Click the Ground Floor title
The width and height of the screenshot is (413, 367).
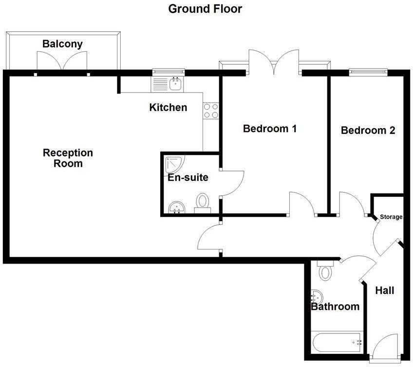point(205,9)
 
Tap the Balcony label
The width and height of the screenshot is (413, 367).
point(62,44)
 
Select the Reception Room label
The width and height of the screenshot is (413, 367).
point(68,158)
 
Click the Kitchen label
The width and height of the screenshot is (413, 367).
point(168,107)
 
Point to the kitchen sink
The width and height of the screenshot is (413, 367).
point(175,84)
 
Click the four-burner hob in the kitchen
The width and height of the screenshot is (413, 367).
point(211,111)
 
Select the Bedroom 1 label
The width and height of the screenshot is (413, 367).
point(270,129)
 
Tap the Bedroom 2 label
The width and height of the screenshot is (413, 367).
point(368,130)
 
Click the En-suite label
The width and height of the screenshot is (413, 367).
point(188,177)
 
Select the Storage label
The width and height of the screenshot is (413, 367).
point(391,217)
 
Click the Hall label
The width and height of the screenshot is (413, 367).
point(385,290)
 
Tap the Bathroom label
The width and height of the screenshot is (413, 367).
point(335,307)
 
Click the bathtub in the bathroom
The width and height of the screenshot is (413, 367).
point(337,342)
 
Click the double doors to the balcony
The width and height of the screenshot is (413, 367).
point(62,62)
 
